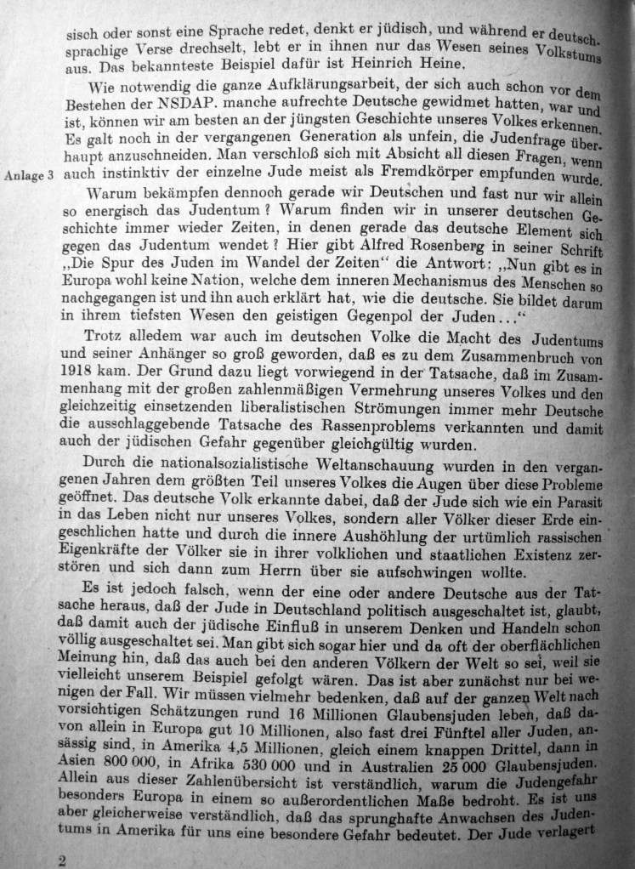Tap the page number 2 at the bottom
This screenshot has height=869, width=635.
click(61, 859)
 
